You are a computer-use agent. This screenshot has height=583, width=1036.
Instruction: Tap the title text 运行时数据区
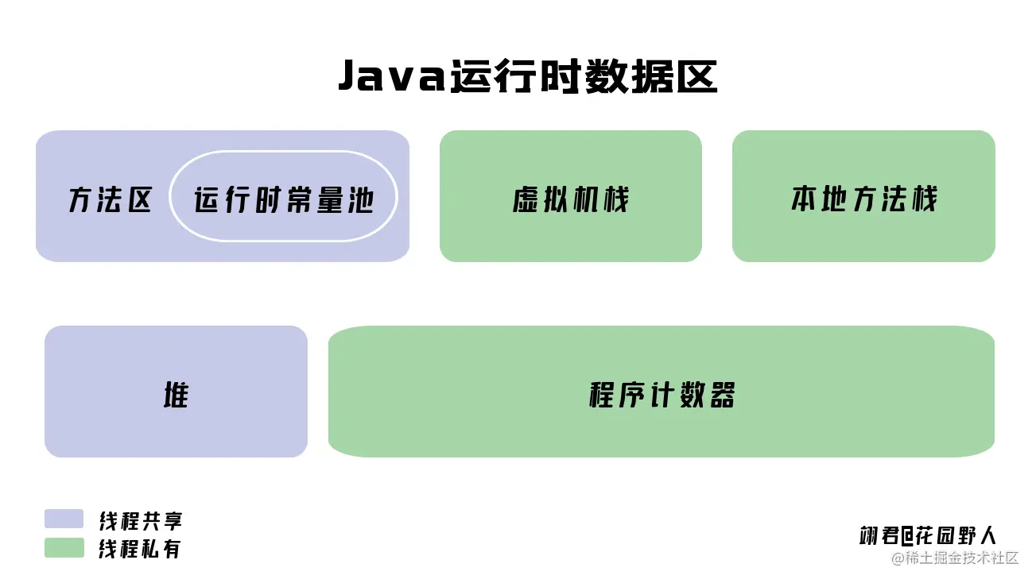583,78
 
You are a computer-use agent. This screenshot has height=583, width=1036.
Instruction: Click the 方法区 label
110,200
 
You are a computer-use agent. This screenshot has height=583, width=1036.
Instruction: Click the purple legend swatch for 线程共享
64,519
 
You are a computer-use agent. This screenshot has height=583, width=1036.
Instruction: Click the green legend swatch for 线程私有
64,548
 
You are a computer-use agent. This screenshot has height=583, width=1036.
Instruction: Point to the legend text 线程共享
141,521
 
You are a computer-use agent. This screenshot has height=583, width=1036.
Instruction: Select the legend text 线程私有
141,549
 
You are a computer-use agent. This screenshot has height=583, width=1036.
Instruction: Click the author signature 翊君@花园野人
928,535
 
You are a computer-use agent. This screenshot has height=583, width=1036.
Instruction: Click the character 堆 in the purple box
176,395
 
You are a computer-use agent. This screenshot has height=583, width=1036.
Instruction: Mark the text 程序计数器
662,395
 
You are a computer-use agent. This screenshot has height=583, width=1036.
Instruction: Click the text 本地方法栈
863,199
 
